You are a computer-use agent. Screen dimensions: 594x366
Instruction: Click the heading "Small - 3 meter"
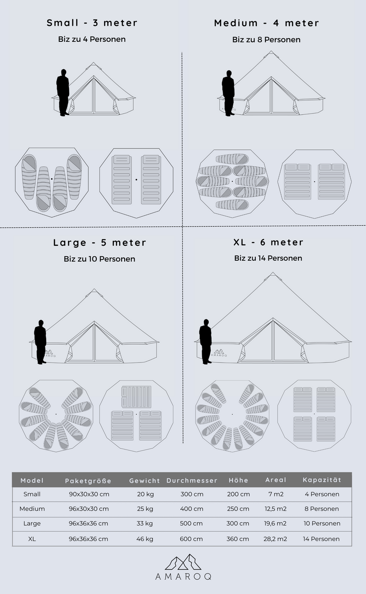click(92, 23)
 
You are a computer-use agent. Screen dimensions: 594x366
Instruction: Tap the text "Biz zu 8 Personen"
click(266, 40)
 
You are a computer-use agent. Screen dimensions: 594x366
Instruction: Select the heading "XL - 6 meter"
click(268, 242)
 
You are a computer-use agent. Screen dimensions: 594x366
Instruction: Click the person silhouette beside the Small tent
click(63, 92)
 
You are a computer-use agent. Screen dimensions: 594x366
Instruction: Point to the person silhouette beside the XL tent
click(205, 342)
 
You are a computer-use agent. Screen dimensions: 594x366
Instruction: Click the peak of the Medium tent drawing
click(271, 53)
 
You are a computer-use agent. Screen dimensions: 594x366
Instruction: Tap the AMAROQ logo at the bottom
click(183, 567)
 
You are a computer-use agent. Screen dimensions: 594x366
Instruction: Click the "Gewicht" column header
click(145, 480)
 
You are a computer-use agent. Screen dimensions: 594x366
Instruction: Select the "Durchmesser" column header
click(192, 480)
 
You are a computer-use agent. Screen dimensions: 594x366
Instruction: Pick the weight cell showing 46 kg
click(145, 539)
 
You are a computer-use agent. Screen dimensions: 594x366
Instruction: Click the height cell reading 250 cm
click(238, 509)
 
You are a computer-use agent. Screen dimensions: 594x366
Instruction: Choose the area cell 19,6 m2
click(275, 524)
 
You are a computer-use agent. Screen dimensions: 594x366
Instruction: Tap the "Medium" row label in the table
click(32, 509)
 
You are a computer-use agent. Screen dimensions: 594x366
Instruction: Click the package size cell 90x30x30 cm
click(88, 494)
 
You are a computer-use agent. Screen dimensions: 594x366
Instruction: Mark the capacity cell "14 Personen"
click(322, 539)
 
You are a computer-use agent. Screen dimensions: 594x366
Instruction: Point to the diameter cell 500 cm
click(192, 524)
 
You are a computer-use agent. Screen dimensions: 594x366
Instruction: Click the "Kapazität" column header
click(322, 480)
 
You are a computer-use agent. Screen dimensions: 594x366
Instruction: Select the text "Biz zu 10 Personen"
click(99, 259)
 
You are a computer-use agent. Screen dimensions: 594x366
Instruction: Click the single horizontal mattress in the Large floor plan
click(136, 396)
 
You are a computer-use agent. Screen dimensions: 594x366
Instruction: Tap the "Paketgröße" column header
click(88, 481)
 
